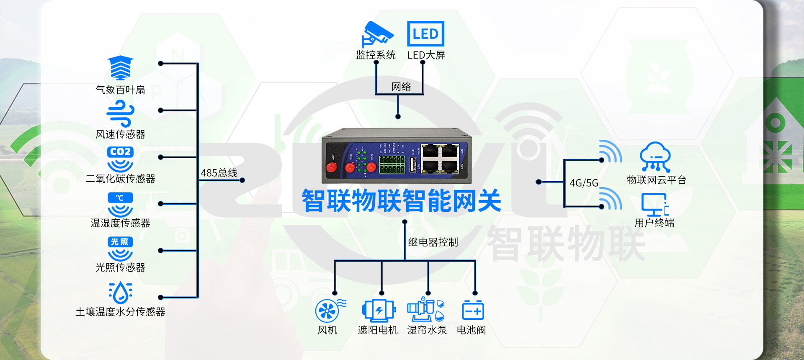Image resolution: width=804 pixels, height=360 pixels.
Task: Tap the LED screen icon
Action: point(425,33)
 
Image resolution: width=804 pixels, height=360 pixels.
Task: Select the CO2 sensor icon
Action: point(120,159)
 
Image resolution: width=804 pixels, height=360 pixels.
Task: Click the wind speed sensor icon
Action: point(120,114)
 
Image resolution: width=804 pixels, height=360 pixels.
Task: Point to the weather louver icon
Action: point(120,68)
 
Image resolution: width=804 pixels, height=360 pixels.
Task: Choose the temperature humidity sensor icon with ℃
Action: point(120,204)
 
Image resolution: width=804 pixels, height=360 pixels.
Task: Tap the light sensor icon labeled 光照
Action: point(120,248)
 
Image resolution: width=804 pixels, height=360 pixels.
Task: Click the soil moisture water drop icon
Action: point(121,292)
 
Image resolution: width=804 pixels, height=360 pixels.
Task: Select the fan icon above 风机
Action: point(328,311)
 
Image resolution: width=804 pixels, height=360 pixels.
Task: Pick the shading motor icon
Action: point(379,310)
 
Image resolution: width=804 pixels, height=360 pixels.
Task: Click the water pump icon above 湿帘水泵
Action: point(425,309)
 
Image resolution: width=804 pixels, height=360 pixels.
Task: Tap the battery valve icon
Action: point(473,310)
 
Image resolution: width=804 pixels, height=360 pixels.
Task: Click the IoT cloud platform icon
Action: point(655,157)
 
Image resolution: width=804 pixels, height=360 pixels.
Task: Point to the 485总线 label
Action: point(219,173)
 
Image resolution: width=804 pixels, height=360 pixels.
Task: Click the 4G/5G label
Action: point(584,183)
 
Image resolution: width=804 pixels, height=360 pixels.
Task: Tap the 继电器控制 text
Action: point(433,242)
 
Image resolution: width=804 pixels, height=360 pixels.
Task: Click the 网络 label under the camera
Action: point(401,87)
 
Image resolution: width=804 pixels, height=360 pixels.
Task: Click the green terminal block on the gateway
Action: point(392,165)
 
